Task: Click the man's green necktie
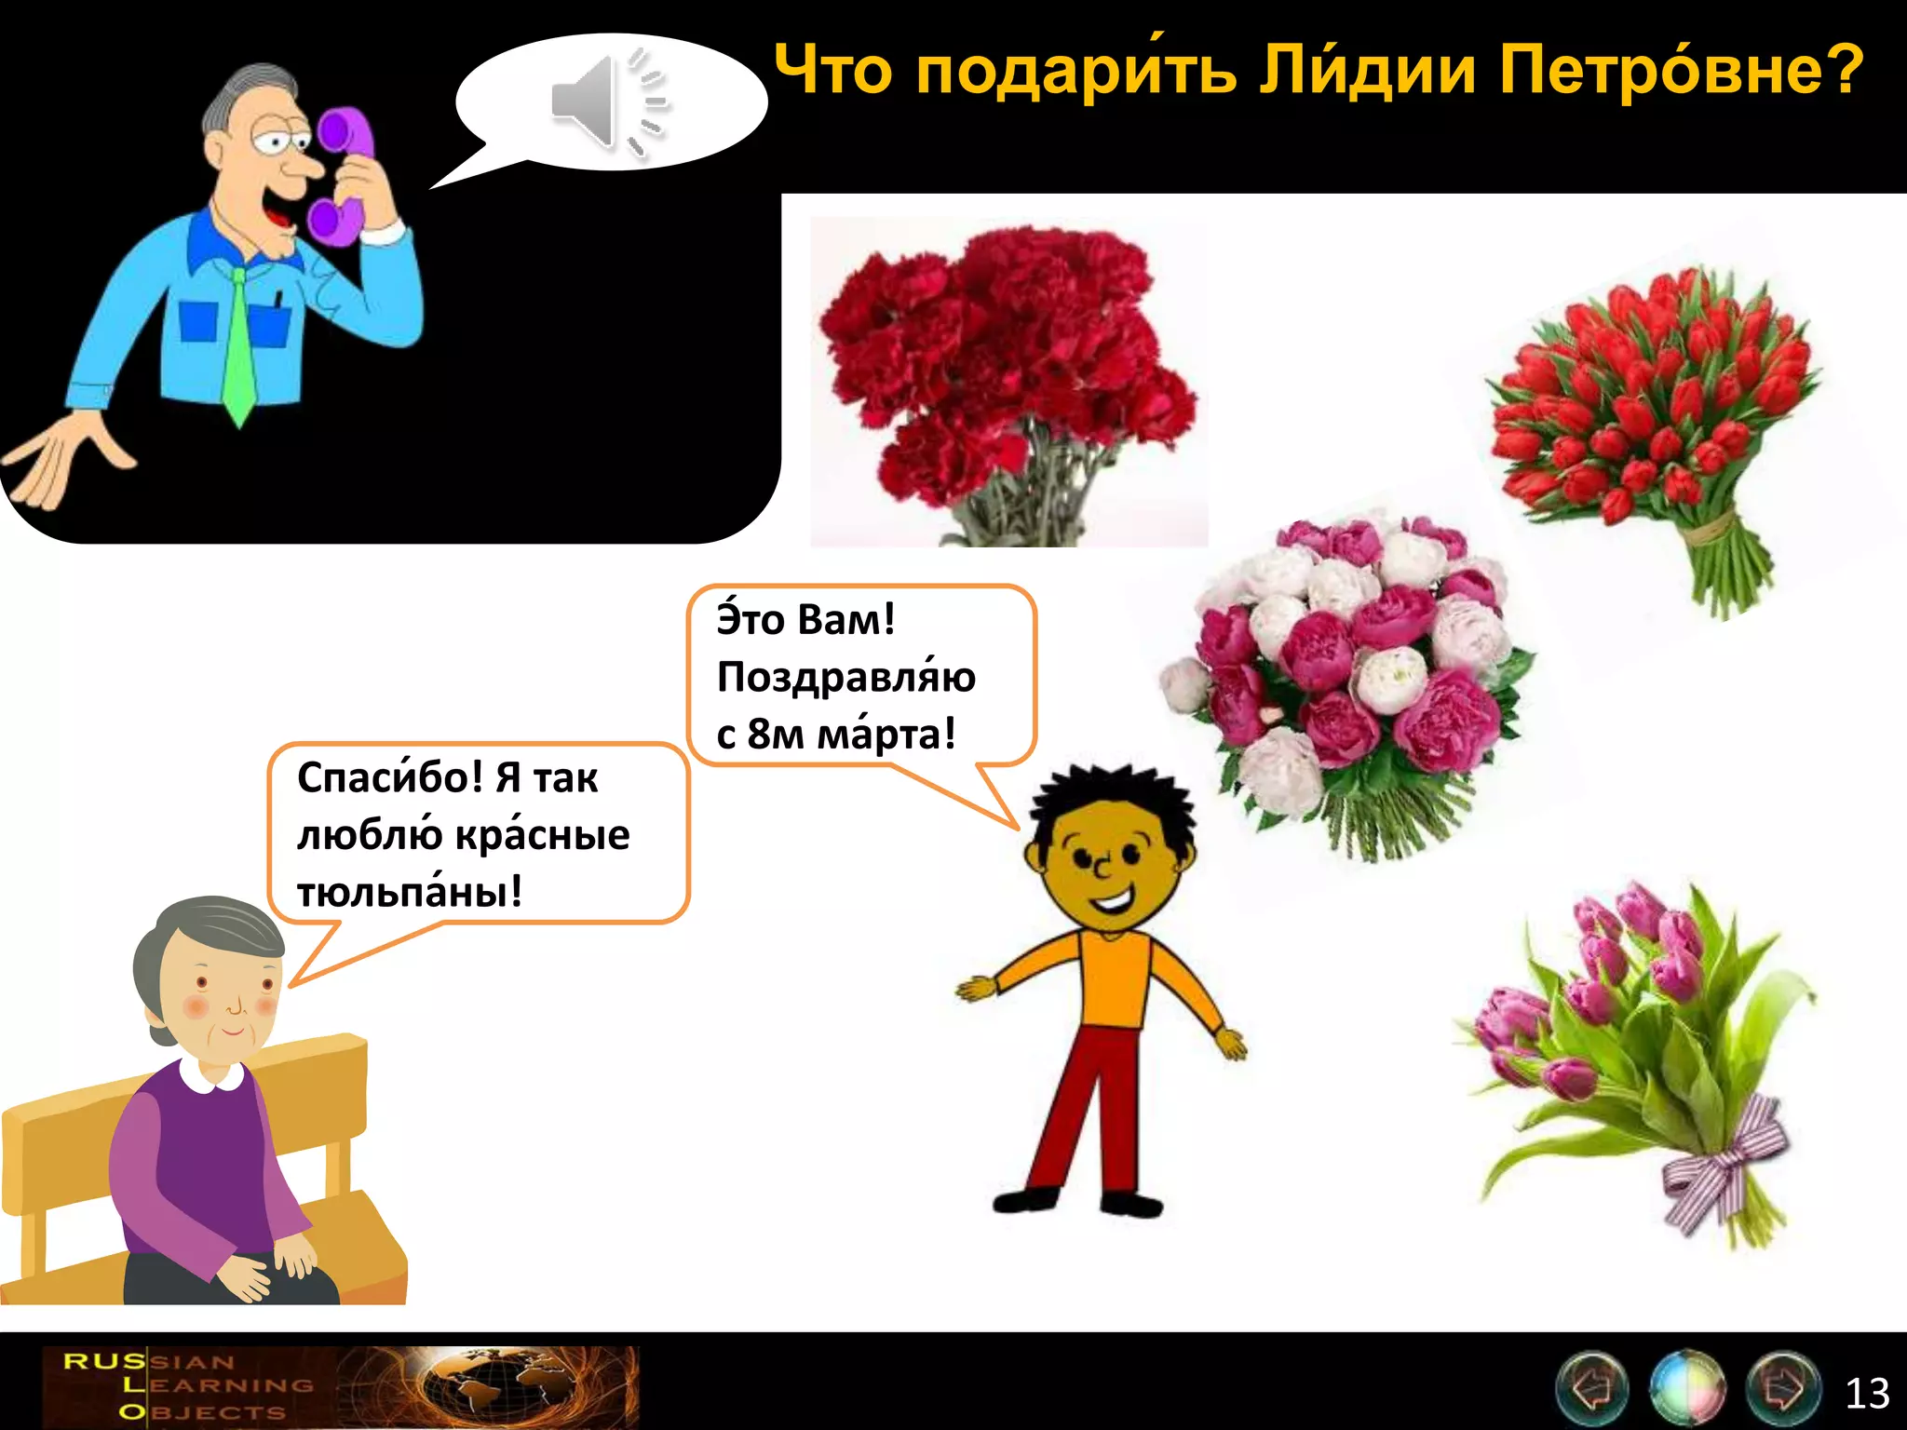click(x=238, y=344)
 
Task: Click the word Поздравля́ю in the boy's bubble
click(x=845, y=677)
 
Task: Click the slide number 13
click(x=1867, y=1393)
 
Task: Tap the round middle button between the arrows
click(x=1686, y=1388)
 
